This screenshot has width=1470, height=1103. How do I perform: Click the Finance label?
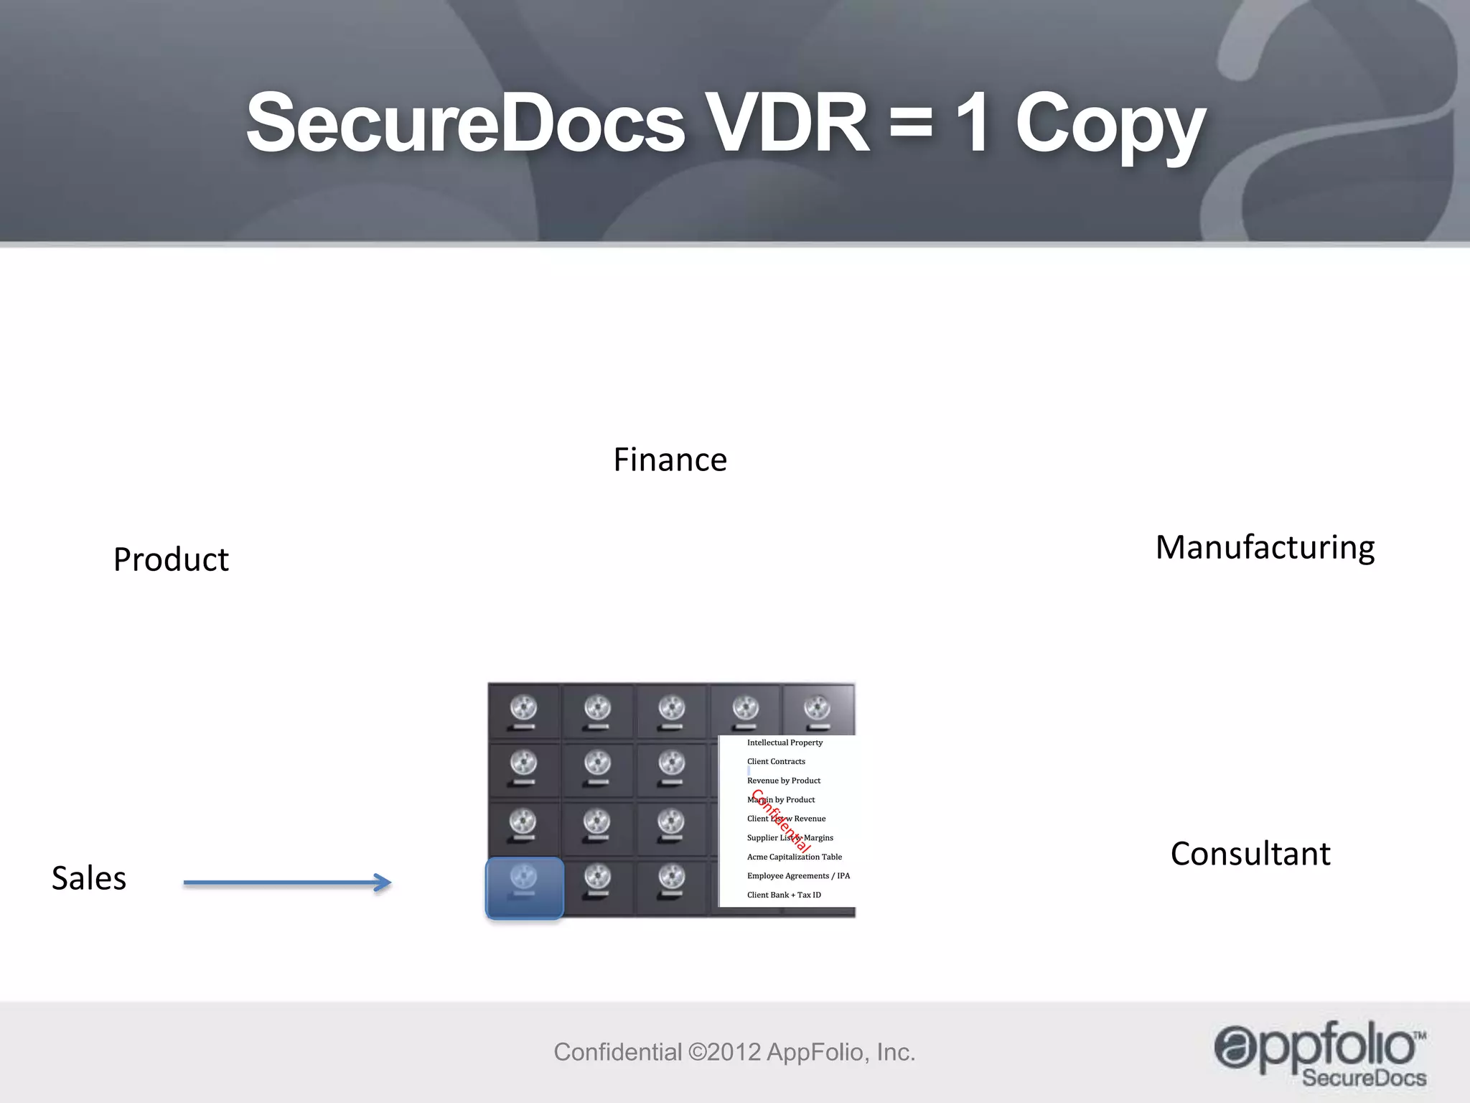(x=670, y=460)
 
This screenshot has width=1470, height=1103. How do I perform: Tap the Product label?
(x=171, y=559)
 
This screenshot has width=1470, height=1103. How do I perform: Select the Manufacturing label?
(x=1265, y=547)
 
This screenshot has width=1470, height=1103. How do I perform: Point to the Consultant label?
(x=1250, y=854)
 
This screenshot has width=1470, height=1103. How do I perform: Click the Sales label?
(x=89, y=878)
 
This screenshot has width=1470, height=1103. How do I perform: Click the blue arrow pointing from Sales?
(x=287, y=883)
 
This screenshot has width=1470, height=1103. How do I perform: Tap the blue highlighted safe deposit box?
(x=525, y=888)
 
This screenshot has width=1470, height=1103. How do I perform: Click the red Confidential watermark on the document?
(x=781, y=820)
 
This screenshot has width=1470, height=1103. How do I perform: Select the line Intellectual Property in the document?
(x=785, y=743)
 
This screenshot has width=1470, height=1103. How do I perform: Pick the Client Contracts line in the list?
(x=776, y=761)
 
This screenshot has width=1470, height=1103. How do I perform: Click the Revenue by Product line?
(x=783, y=781)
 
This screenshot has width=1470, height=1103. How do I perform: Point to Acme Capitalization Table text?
(x=794, y=857)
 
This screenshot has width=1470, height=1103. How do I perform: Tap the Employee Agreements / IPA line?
(x=798, y=876)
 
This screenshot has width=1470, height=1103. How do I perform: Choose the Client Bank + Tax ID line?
(x=784, y=895)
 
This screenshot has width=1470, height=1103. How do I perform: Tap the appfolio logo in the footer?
(x=1319, y=1052)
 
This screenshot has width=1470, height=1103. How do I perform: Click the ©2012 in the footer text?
(x=724, y=1052)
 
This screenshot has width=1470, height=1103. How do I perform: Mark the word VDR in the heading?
(x=787, y=124)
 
